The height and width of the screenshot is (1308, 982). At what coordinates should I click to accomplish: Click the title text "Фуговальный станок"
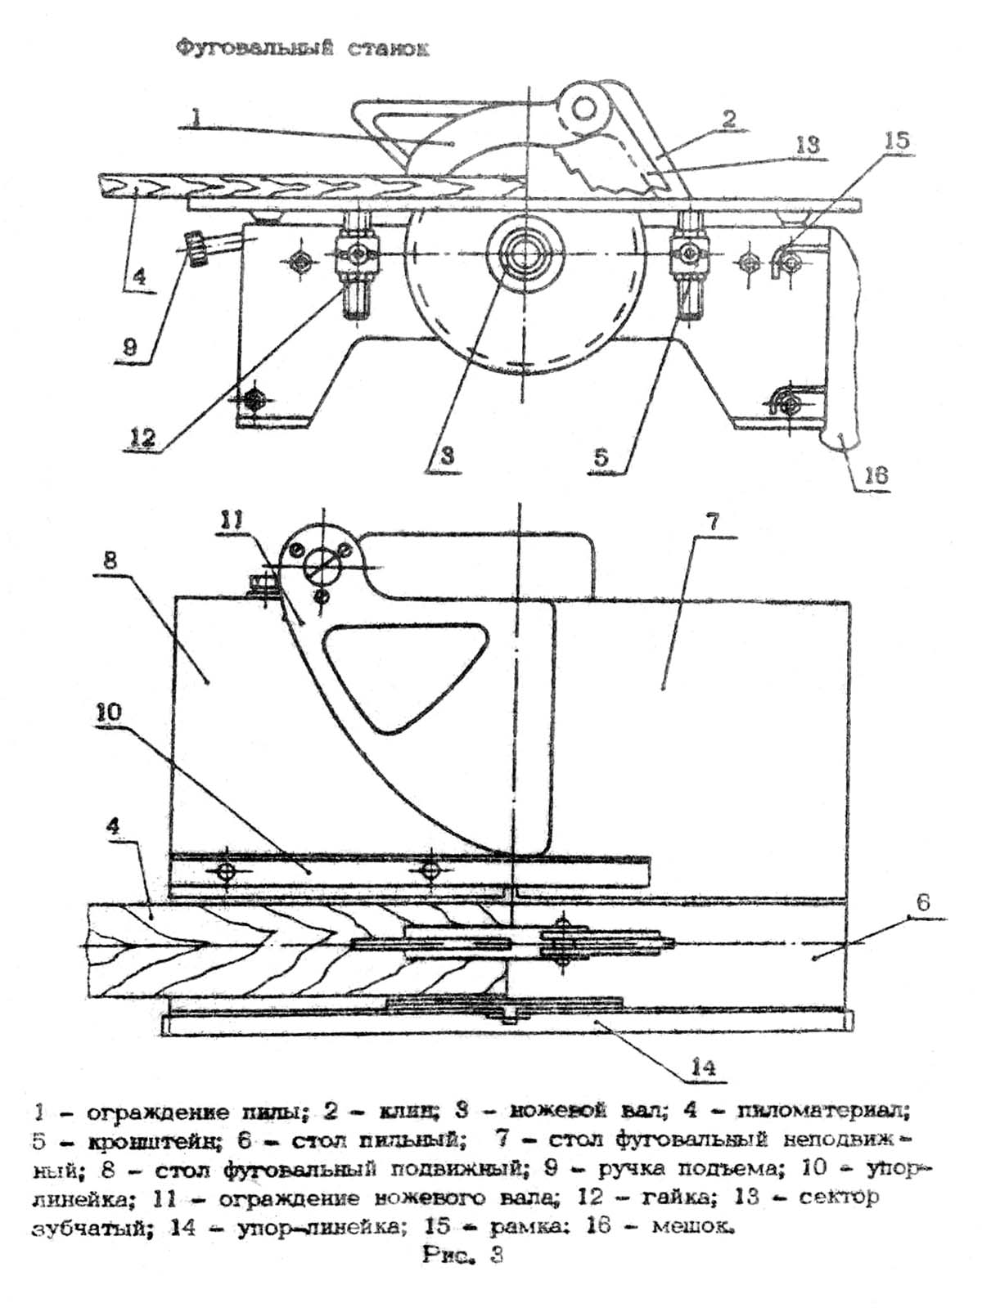pos(304,49)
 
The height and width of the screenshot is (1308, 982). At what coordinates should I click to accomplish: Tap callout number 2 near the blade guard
pos(728,119)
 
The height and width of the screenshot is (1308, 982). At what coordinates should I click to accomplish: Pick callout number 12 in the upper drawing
pos(142,438)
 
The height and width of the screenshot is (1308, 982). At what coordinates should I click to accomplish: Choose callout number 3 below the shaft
pos(446,456)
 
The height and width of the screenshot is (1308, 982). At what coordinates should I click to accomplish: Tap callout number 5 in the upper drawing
pos(601,456)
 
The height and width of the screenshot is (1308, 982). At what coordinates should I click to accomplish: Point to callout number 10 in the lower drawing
pos(109,712)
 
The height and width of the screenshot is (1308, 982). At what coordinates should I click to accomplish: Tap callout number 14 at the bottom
pos(704,1067)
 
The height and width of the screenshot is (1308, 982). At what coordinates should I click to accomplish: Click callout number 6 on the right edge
pos(923,903)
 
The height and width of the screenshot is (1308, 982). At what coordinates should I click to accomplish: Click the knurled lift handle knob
pos(196,249)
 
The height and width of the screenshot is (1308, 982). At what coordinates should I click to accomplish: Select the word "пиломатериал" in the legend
pos(822,1112)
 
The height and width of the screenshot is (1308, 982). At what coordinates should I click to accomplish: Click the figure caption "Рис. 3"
pos(462,1254)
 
